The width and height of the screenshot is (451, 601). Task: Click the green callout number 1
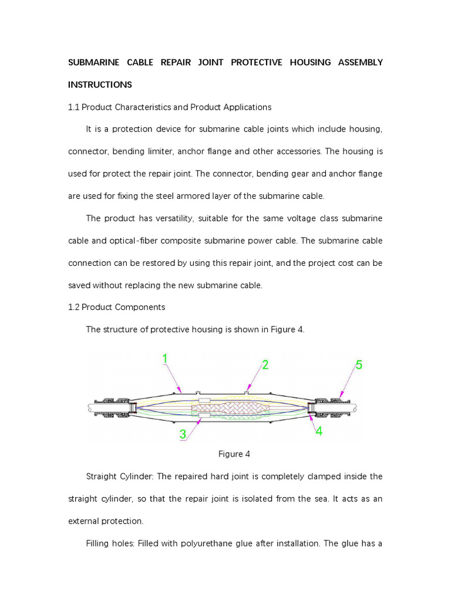pyautogui.click(x=166, y=358)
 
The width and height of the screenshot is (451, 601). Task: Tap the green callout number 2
pyautogui.click(x=265, y=365)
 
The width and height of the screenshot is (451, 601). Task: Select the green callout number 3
pyautogui.click(x=183, y=434)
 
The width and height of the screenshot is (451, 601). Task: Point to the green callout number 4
pyautogui.click(x=319, y=431)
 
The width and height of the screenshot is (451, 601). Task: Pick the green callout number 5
pyautogui.click(x=359, y=364)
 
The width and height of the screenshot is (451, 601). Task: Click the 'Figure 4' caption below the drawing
pyautogui.click(x=230, y=454)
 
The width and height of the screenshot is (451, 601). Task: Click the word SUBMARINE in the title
pyautogui.click(x=93, y=62)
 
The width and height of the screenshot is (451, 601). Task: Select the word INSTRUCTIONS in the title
pyautogui.click(x=100, y=85)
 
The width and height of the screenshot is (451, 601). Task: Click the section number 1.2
pyautogui.click(x=74, y=307)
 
